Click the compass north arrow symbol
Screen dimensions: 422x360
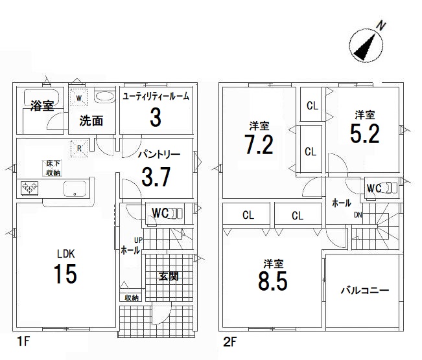point(366,46)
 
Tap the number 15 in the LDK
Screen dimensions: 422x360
point(65,274)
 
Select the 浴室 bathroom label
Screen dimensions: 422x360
point(42,106)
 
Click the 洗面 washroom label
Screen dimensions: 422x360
point(91,121)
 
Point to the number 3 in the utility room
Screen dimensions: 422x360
point(156,117)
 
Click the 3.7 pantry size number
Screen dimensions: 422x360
point(156,177)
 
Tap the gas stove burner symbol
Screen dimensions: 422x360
point(30,188)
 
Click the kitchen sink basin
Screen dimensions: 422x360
point(75,188)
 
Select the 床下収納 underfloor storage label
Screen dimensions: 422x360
point(53,168)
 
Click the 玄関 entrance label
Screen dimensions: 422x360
point(168,276)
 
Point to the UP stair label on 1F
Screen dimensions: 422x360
point(138,240)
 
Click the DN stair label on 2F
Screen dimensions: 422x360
point(358,215)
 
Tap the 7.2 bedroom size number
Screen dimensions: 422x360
point(259,144)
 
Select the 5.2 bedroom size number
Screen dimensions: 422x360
point(365,133)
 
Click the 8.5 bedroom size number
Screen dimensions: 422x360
point(273,281)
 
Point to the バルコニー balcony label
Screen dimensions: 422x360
point(365,290)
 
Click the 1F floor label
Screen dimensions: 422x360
point(23,342)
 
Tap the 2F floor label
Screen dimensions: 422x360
point(230,342)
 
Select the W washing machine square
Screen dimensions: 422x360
point(78,97)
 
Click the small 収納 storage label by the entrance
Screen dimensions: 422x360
point(132,298)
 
